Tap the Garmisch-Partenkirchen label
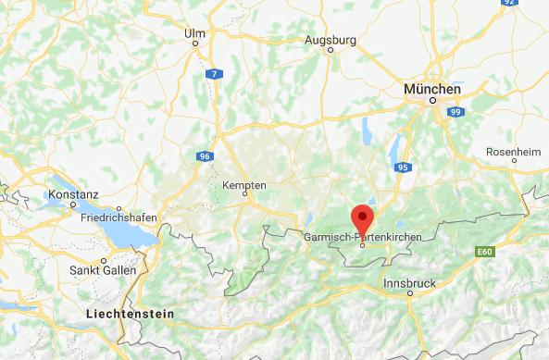(x=362, y=238)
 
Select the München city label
(x=431, y=88)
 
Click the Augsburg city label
(x=331, y=41)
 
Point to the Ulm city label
(x=194, y=33)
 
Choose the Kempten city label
(x=244, y=186)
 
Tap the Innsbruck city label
(x=408, y=282)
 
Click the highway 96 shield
(x=202, y=156)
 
